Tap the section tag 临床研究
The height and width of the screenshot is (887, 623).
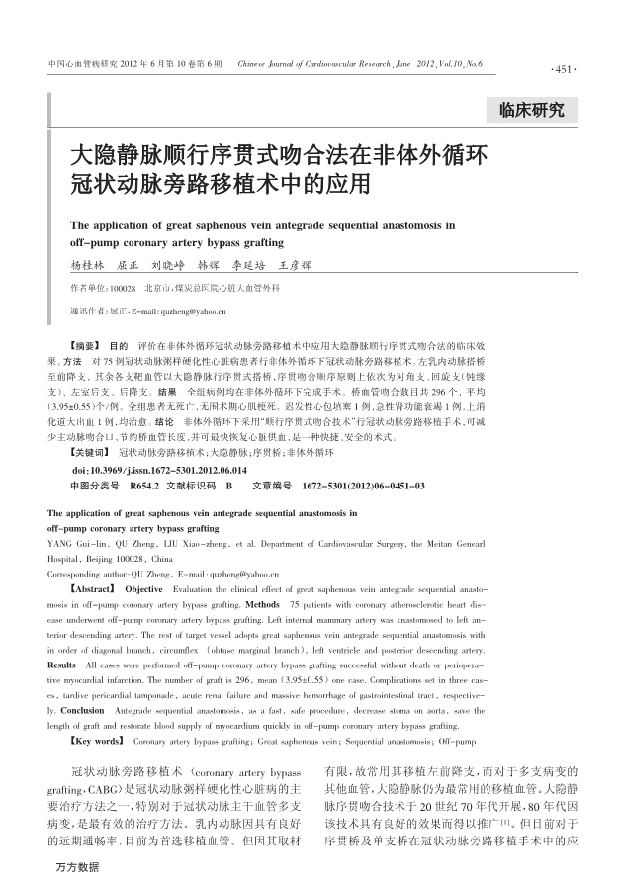coord(532,109)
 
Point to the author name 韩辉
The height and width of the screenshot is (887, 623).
coord(209,266)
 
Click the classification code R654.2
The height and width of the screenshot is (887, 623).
coord(144,487)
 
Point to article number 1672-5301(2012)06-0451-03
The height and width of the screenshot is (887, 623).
coord(363,487)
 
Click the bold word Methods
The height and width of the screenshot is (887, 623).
coord(262,602)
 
